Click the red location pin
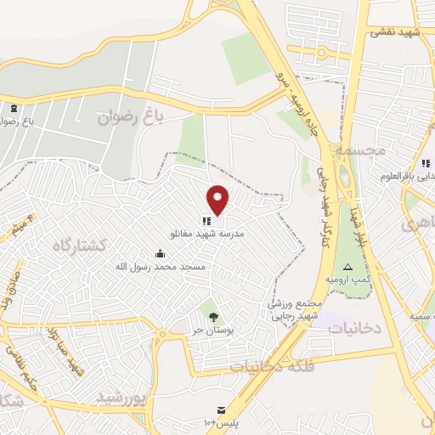coord(218,200)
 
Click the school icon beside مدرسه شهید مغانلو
coord(207,220)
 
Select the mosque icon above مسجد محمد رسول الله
coord(160,253)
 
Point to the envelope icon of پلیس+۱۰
coord(222,410)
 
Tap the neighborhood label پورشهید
coord(122,396)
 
